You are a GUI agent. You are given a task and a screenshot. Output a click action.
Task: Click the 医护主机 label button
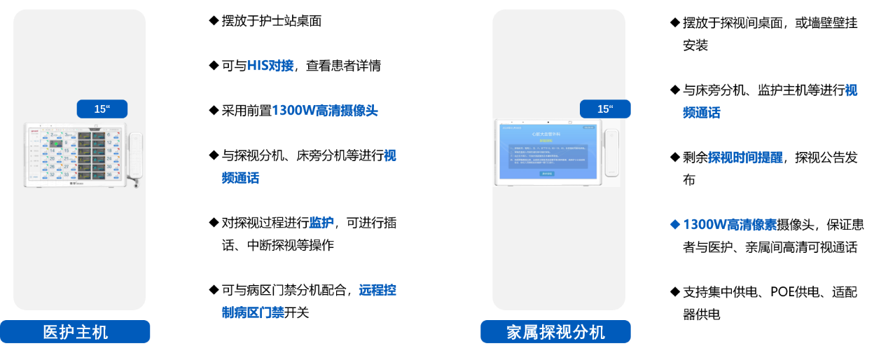(75, 332)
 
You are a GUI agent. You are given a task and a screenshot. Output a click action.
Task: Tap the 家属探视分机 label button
(555, 332)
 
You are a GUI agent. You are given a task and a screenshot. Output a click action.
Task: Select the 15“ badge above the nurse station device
(102, 109)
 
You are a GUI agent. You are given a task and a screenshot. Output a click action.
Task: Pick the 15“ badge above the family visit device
(605, 109)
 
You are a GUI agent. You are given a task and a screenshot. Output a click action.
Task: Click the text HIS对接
(270, 66)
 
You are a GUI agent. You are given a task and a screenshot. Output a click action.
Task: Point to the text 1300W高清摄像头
(324, 111)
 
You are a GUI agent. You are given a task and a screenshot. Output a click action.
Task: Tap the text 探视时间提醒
(745, 158)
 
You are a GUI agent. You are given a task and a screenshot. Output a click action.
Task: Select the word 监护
(321, 223)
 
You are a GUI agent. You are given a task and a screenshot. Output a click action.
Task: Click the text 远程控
(377, 290)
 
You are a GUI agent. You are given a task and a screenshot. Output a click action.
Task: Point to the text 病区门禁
(253, 312)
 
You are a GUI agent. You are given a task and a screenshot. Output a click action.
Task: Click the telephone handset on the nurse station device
(135, 154)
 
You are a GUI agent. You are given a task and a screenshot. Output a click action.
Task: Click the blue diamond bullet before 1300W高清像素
(675, 224)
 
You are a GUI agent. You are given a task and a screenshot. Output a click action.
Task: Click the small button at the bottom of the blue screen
(547, 174)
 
